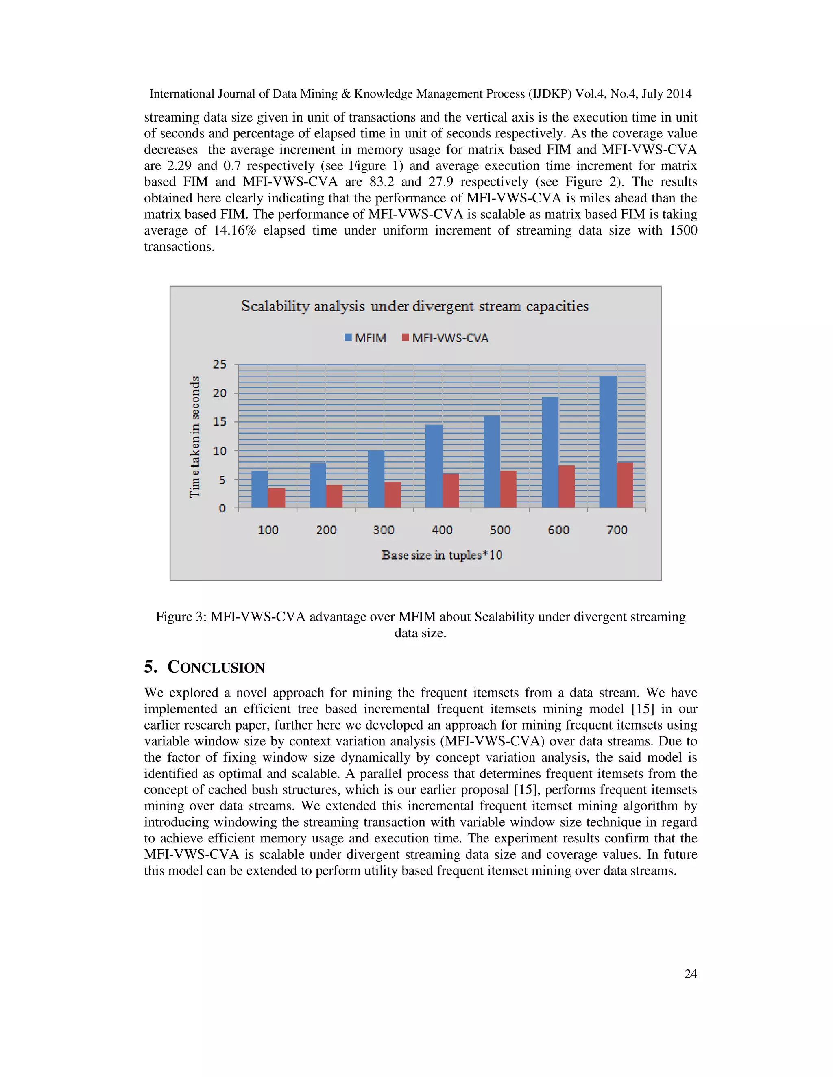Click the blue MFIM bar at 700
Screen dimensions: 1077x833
click(608, 442)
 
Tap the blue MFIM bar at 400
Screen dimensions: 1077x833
click(434, 466)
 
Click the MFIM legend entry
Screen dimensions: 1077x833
click(366, 338)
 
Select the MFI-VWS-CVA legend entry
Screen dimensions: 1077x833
click(445, 338)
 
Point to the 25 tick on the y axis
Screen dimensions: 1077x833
click(220, 365)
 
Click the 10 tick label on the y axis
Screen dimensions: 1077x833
click(220, 451)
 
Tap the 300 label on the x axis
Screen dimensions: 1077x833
click(384, 530)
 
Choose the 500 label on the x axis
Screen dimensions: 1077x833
click(500, 530)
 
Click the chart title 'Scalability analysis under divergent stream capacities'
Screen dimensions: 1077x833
click(414, 306)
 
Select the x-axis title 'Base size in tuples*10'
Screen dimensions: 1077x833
click(442, 555)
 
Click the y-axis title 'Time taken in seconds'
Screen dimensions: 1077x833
click(195, 436)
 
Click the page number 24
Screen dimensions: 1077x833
click(690, 973)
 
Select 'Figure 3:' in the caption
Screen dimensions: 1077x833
click(181, 617)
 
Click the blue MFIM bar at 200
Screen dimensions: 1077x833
click(318, 485)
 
